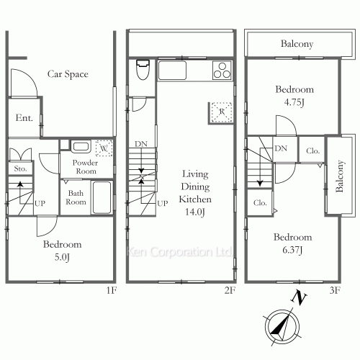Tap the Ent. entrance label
[x=24, y=119]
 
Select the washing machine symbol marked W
[x=104, y=148]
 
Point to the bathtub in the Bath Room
[x=102, y=197]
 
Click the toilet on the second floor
[x=142, y=72]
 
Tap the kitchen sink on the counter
[x=172, y=71]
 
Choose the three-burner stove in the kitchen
[x=222, y=71]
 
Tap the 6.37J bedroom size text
[x=292, y=250]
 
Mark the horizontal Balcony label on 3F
[x=296, y=44]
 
